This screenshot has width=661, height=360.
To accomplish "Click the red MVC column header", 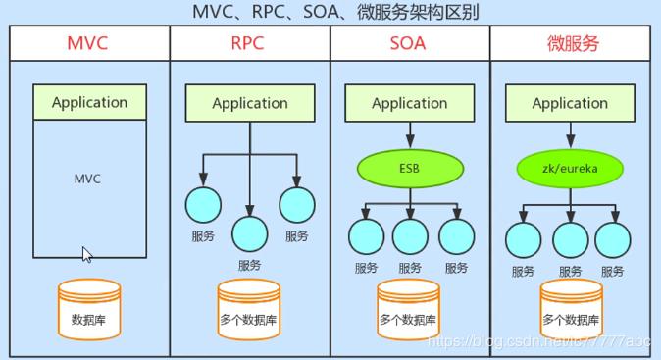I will tap(89, 44).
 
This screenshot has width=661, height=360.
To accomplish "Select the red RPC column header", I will tap(249, 44).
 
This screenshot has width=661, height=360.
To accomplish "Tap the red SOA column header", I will tap(409, 44).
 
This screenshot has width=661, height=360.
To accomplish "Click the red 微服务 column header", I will tap(571, 44).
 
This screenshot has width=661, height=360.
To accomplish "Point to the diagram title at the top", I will tap(330, 13).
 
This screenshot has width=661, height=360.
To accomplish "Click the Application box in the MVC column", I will tap(89, 102).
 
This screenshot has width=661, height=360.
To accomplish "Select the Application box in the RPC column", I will tap(249, 103).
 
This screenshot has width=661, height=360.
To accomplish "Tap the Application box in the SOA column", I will tap(409, 103).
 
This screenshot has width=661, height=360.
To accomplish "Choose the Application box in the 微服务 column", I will tap(570, 103).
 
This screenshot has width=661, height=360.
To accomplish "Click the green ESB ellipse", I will tap(409, 168).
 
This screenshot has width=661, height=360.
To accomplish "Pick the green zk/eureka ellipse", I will tap(570, 168).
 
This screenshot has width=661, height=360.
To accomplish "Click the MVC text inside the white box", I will tap(88, 180).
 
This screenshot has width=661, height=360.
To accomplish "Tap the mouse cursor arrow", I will tap(86, 255).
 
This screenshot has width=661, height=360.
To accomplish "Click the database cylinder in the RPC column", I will tap(249, 310).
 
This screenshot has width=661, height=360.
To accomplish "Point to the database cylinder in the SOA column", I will tap(409, 310).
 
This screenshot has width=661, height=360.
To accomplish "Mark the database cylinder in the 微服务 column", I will tap(570, 310).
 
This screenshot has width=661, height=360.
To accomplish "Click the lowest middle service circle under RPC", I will tap(249, 233).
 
